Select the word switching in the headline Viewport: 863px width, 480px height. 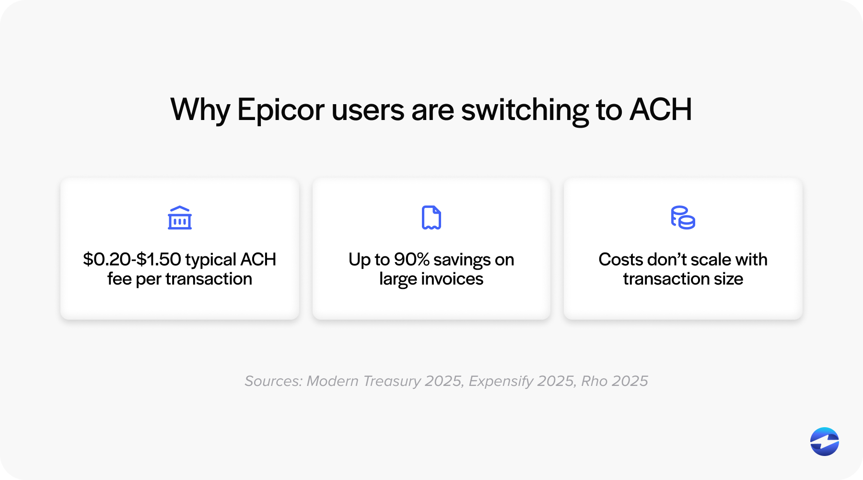pyautogui.click(x=525, y=110)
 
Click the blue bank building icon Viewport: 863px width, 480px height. pyautogui.click(x=180, y=218)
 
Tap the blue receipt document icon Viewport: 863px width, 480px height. pyautogui.click(x=431, y=218)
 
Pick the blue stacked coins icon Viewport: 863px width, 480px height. pyautogui.click(x=683, y=218)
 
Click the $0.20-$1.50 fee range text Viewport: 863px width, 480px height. pyautogui.click(x=132, y=259)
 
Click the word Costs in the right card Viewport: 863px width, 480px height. pyautogui.click(x=620, y=260)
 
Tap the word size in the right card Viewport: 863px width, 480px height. pyautogui.click(x=728, y=279)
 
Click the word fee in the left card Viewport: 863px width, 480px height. pyautogui.click(x=119, y=279)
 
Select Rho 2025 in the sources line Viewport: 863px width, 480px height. pyautogui.click(x=614, y=381)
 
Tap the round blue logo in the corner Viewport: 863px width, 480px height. pyautogui.click(x=824, y=441)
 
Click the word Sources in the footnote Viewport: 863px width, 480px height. pyautogui.click(x=273, y=381)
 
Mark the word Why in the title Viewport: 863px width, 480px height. pyautogui.click(x=200, y=110)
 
